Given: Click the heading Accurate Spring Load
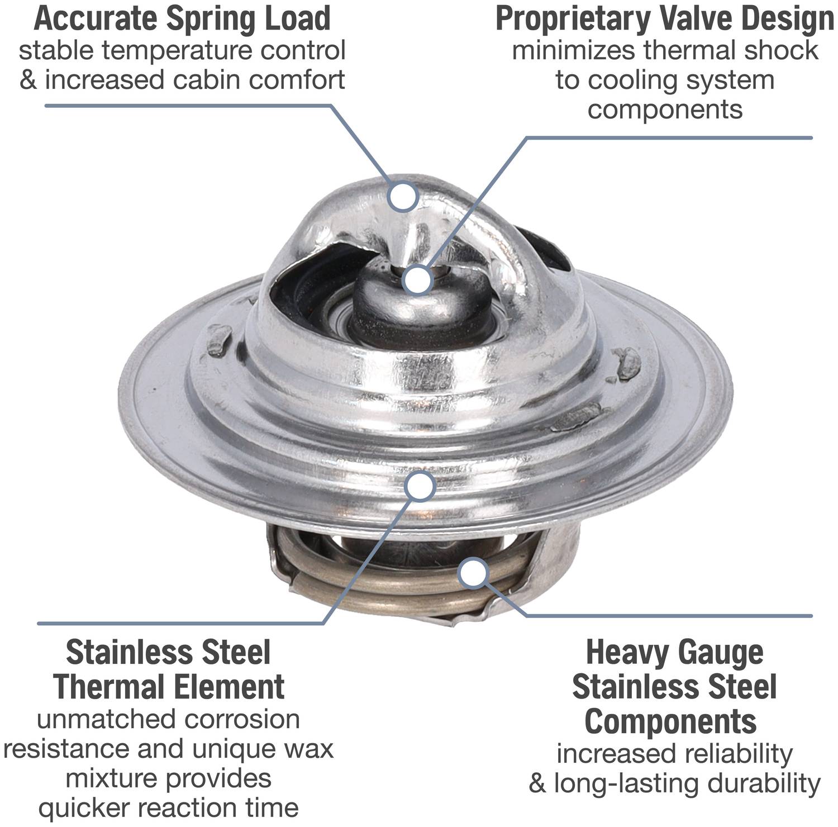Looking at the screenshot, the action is click(x=182, y=18).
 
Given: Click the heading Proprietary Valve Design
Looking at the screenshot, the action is click(x=665, y=18).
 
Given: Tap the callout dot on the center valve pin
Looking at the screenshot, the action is click(x=418, y=279).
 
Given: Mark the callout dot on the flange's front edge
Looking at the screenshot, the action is click(x=421, y=486).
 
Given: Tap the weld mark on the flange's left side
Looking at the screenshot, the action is click(x=219, y=341).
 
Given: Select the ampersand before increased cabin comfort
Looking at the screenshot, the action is click(x=28, y=80).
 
